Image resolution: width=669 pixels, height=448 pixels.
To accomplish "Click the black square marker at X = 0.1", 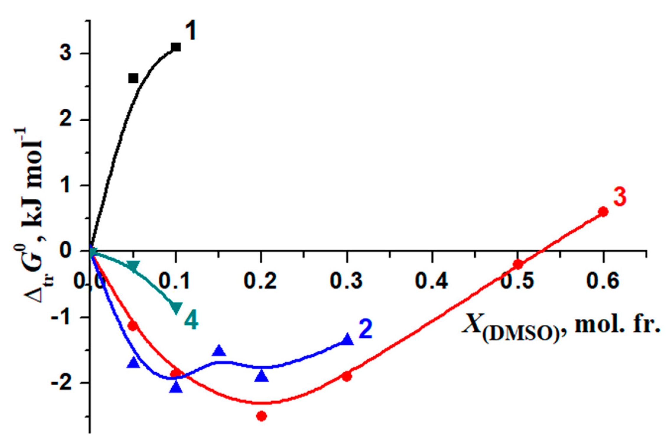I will coord(176,47).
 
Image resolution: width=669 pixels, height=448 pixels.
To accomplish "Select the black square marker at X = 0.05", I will coord(134,78).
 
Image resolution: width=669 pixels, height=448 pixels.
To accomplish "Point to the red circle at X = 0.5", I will coord(518,264).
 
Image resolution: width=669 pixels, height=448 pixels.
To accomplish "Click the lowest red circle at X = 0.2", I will coord(261,416).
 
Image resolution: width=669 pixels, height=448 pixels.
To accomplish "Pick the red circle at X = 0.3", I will coord(347,376).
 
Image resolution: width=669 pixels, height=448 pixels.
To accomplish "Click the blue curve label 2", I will coord(365,329).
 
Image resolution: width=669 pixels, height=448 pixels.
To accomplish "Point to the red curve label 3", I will coord(619,197).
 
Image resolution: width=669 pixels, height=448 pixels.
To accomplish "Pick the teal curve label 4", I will coord(191,321).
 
